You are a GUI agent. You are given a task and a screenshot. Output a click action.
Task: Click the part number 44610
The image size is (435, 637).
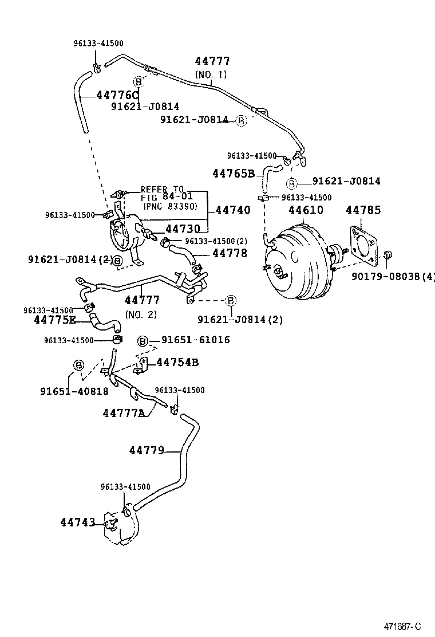(306, 210)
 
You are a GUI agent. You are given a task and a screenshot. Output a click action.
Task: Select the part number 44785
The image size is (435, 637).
(362, 210)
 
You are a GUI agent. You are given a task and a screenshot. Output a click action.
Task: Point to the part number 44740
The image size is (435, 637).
(232, 210)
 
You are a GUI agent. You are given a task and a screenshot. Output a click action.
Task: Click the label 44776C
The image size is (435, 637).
(117, 95)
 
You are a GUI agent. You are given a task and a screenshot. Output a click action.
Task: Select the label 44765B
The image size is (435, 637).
(233, 173)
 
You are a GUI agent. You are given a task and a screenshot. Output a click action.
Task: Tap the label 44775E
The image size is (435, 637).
(54, 320)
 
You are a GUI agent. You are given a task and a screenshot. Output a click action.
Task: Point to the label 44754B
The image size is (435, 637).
(177, 362)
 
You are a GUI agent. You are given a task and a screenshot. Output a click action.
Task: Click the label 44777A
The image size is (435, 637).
(124, 413)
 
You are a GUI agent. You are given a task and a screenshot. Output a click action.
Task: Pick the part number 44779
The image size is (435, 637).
(147, 451)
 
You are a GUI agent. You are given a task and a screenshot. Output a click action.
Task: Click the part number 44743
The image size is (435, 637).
(77, 522)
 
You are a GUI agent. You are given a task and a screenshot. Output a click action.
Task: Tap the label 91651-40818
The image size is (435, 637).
(74, 392)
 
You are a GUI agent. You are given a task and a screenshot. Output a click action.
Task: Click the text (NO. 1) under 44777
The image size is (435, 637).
(211, 74)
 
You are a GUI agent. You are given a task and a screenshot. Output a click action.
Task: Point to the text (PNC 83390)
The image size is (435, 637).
(171, 206)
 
